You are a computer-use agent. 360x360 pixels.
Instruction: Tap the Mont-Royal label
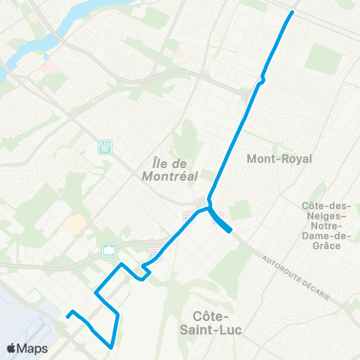pos(279,159)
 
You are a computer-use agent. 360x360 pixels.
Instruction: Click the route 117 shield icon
pos(104,145)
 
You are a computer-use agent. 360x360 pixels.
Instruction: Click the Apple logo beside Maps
pos(11,348)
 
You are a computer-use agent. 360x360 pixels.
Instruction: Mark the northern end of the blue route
pos(292,12)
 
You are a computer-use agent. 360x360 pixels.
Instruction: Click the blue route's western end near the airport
pos(67,316)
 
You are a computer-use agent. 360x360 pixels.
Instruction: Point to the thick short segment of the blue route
pos(222,225)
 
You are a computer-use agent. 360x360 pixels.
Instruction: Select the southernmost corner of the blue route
pos(111,347)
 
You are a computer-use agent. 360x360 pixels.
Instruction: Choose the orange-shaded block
pos(74,223)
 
